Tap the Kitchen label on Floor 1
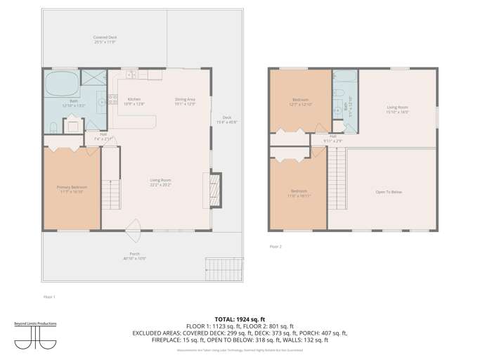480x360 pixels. point(134,101)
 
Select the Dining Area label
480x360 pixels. point(185,101)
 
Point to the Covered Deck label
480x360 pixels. point(105,39)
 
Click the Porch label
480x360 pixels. point(134,256)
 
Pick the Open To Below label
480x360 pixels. point(387,191)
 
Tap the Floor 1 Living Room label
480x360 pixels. point(161,183)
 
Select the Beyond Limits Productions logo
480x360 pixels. point(35,335)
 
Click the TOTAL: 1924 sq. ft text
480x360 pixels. point(239,319)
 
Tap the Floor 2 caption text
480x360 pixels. point(275,247)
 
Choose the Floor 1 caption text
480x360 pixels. point(49,297)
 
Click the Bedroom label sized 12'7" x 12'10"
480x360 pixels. point(300,103)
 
